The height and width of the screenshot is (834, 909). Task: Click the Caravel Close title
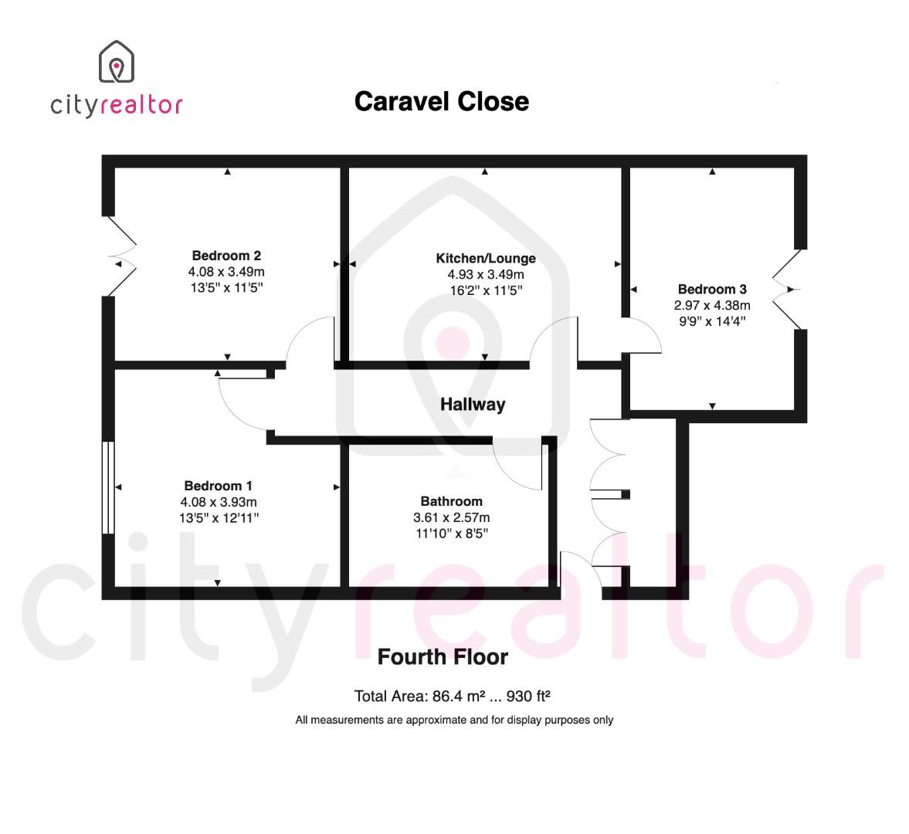pyautogui.click(x=441, y=101)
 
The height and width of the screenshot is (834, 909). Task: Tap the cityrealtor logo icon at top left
pyautogui.click(x=116, y=62)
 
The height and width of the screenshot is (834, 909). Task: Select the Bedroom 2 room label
pyautogui.click(x=226, y=256)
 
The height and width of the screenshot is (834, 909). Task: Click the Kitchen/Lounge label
pyautogui.click(x=485, y=258)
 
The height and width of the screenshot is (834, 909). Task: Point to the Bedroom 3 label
pyautogui.click(x=712, y=290)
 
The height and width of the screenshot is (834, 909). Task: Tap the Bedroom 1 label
pyautogui.click(x=218, y=486)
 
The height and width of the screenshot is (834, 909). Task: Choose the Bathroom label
pyautogui.click(x=451, y=501)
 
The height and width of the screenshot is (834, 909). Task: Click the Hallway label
pyautogui.click(x=473, y=404)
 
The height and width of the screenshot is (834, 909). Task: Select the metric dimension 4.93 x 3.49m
pyautogui.click(x=485, y=274)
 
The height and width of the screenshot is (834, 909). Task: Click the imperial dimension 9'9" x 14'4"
pyautogui.click(x=712, y=321)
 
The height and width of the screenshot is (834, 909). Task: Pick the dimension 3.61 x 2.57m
pyautogui.click(x=451, y=517)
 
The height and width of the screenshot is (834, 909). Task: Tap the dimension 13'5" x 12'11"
pyautogui.click(x=218, y=518)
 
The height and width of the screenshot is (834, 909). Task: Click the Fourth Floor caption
pyautogui.click(x=443, y=657)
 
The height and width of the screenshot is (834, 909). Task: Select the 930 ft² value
pyautogui.click(x=528, y=697)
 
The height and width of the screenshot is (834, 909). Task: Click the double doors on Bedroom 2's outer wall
pyautogui.click(x=121, y=256)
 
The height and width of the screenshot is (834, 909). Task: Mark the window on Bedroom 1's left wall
pyautogui.click(x=108, y=487)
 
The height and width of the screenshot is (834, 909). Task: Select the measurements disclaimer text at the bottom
pyautogui.click(x=454, y=720)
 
